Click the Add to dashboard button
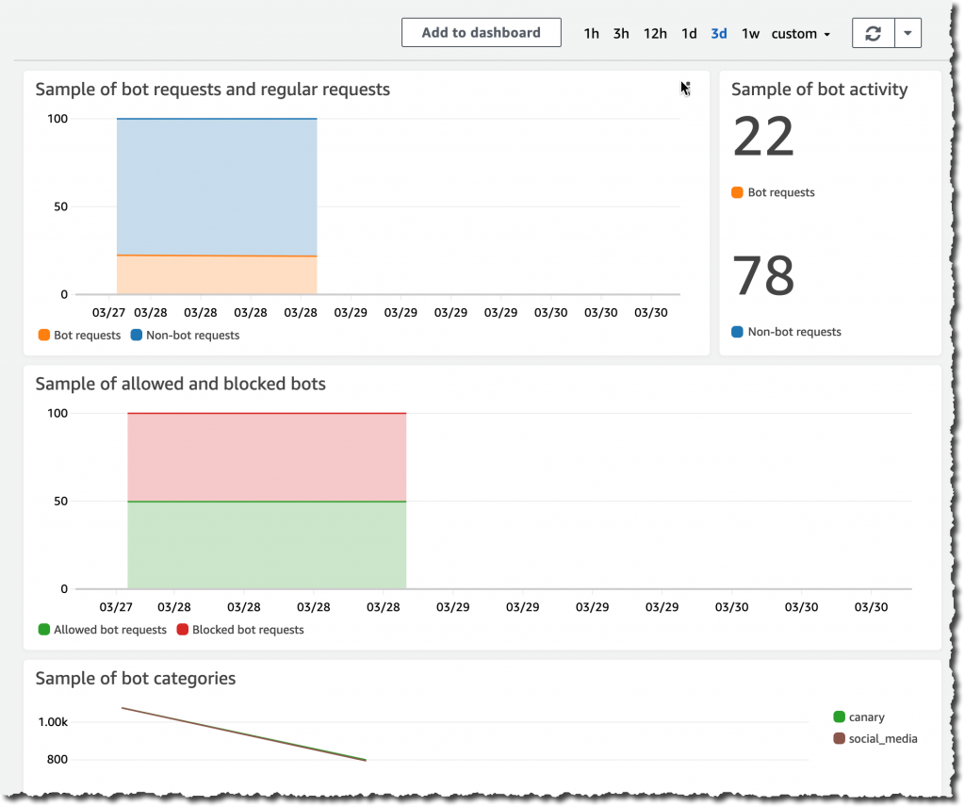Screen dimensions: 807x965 click(x=481, y=32)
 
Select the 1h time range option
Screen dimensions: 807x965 click(x=591, y=34)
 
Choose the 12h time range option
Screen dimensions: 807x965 click(x=655, y=34)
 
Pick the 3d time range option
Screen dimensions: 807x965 click(x=719, y=34)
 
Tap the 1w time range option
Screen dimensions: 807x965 click(x=750, y=34)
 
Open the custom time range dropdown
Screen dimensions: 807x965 click(x=800, y=34)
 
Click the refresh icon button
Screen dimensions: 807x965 click(x=874, y=33)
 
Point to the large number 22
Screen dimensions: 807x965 click(x=763, y=138)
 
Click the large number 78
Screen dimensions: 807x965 click(x=763, y=275)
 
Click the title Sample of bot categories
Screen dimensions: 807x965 click(x=136, y=679)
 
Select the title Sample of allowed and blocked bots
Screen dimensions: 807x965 click(x=181, y=384)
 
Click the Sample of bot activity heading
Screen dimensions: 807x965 click(x=819, y=90)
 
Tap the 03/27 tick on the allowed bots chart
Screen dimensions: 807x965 click(x=114, y=607)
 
